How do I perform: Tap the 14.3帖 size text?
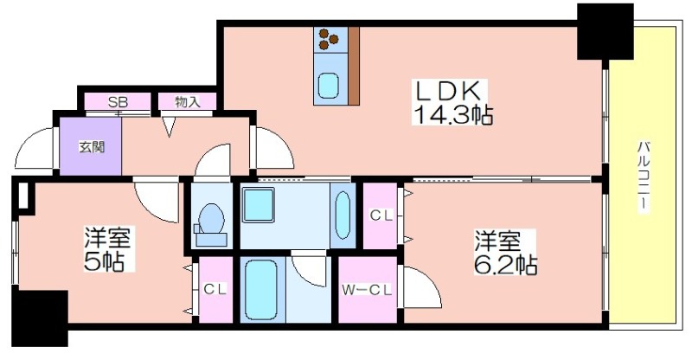coord(452,116)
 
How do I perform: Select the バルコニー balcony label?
coord(644,176)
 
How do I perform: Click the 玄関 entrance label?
coord(92,146)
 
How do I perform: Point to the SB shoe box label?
coord(118,102)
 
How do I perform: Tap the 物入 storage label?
coord(188,102)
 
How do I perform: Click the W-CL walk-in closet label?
coord(367,290)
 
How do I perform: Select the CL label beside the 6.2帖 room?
coord(381,215)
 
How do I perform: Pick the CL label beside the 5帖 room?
coord(215,289)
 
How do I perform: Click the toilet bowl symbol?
coord(211,218)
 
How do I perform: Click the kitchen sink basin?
coord(329,86)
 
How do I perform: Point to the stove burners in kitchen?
coord(329,39)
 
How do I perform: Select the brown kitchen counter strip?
coord(354,66)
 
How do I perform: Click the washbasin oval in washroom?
coord(343,215)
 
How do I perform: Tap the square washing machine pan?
coord(258,204)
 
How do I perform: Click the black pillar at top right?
coord(605,31)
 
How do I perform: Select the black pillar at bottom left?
coord(40,318)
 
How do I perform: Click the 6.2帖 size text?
coord(506,265)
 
